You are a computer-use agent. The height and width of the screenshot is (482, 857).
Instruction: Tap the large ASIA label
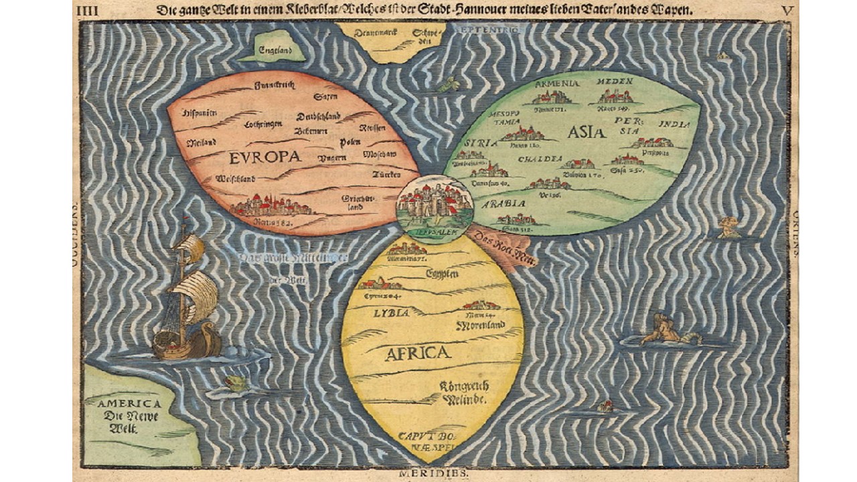[x=586, y=132]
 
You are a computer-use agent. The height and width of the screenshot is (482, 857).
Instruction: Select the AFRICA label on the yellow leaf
[x=417, y=353]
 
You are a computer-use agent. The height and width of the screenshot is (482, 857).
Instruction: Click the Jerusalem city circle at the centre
[x=435, y=205]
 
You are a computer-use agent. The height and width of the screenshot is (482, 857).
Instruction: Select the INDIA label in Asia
[x=674, y=125]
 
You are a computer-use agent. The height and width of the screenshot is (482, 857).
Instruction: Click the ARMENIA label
[x=556, y=84]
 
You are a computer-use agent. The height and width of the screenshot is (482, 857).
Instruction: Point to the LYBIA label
[x=391, y=313]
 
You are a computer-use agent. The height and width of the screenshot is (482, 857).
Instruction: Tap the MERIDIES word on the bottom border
[x=433, y=473]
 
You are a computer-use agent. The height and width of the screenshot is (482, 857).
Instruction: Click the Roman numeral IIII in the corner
[x=87, y=11]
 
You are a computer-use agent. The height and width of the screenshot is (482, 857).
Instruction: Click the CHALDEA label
[x=539, y=159]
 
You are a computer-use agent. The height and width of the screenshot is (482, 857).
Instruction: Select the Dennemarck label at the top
[x=372, y=31]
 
